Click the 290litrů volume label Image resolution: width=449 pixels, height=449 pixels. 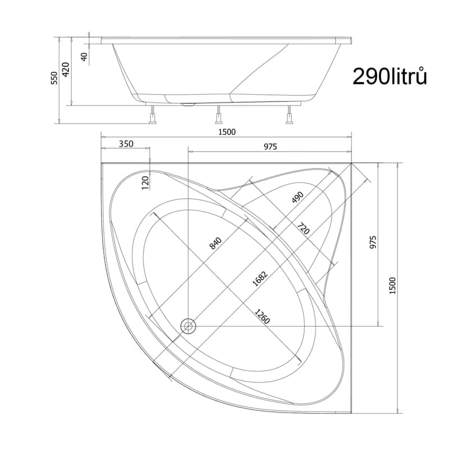(390, 76)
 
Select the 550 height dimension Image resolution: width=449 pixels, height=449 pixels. (54, 78)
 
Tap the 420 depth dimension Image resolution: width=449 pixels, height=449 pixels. (66, 69)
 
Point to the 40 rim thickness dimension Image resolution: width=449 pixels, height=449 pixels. (84, 57)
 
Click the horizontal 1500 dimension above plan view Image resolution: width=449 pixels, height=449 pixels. (227, 132)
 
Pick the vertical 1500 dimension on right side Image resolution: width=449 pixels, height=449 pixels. (392, 286)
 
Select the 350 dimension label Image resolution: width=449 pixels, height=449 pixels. (126, 144)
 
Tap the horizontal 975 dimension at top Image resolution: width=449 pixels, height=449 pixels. (271, 146)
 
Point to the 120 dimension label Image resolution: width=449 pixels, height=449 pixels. (145, 183)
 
